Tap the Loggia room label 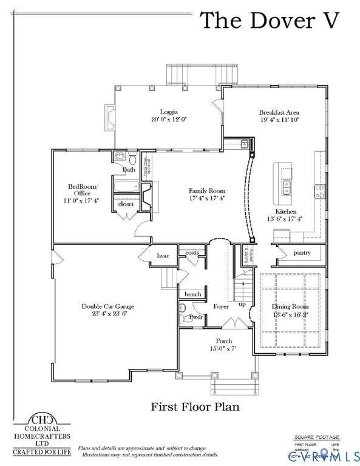[x=169, y=111]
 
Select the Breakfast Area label [x=279, y=112]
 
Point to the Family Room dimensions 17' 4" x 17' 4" [x=206, y=198]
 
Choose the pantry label [x=302, y=252]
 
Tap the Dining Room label [x=290, y=307]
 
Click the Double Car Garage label [x=108, y=306]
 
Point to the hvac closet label [x=163, y=256]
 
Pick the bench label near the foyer [x=192, y=294]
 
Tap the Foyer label [x=220, y=306]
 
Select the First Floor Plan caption [x=195, y=407]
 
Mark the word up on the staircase [x=242, y=303]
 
